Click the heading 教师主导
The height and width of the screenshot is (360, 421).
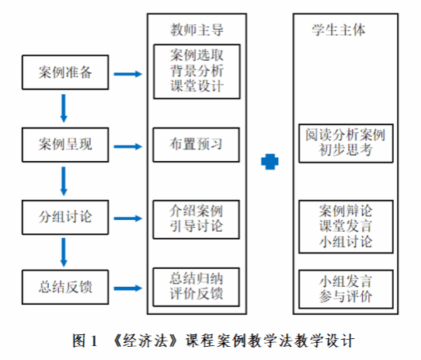point(197,30)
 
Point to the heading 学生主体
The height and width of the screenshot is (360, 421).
point(339,30)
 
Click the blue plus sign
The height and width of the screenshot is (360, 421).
point(270,162)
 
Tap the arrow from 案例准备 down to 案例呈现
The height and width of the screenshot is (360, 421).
point(64,108)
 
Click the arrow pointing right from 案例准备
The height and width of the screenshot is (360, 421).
point(128,74)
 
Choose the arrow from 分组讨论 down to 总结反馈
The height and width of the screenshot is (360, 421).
point(64,252)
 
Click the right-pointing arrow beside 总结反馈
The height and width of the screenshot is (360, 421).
point(128,288)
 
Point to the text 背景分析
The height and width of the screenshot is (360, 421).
point(197,71)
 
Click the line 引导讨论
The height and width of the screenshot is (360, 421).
point(197,225)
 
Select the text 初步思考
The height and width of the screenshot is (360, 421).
point(346,150)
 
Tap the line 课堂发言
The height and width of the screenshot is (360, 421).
point(346,225)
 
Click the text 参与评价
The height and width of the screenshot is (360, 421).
point(346,296)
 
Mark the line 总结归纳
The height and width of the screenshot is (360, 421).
point(197,278)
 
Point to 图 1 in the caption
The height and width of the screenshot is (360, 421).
point(85,341)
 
